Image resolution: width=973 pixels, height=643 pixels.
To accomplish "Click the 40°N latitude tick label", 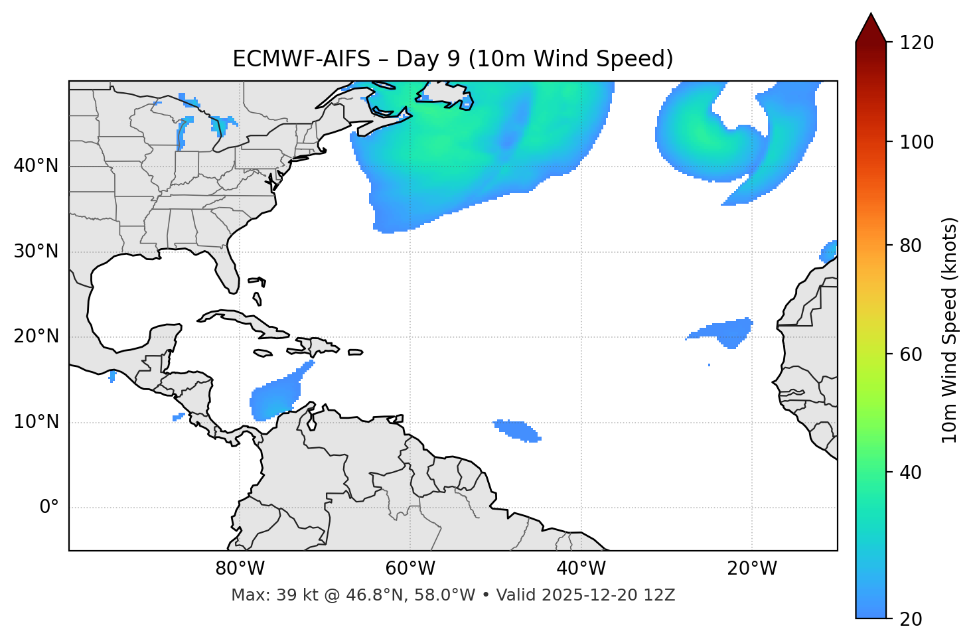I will tap(36, 166).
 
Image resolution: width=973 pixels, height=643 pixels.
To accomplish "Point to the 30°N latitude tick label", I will tap(36, 251).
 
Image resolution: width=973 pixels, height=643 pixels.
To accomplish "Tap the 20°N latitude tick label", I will tap(36, 336).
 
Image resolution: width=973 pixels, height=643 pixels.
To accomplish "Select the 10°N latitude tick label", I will tap(36, 422).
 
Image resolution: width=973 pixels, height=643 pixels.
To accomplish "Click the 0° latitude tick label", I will tap(49, 508).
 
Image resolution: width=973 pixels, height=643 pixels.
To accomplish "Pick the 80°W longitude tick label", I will tap(240, 569).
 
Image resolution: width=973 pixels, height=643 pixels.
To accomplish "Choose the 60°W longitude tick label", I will tap(410, 569).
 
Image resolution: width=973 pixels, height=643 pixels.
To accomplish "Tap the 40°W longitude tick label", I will tap(581, 569).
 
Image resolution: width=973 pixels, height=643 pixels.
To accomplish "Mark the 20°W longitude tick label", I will tap(751, 569).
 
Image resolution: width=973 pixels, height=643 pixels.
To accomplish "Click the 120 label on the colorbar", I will tap(917, 43).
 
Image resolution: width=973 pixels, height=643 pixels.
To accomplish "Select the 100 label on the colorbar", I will tap(917, 142).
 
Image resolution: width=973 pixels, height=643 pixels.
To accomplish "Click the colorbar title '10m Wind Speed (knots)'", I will tap(950, 330).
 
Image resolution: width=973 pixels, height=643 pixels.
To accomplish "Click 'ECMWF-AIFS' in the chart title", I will tap(301, 59).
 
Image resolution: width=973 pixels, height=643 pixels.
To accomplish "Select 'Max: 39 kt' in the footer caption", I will tap(262, 595).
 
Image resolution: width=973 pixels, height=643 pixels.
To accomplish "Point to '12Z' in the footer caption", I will tap(660, 595).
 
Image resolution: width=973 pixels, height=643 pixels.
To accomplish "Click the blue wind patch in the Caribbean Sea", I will tap(273, 398).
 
